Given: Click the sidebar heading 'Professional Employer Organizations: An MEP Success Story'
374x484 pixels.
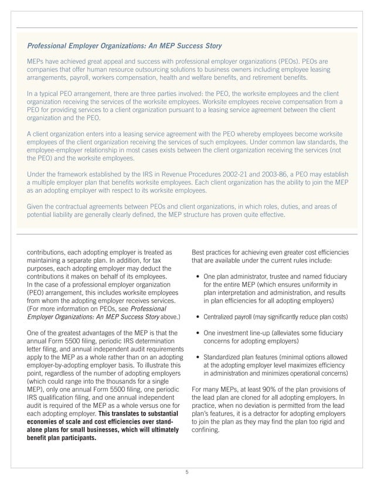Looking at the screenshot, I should [x=124, y=46].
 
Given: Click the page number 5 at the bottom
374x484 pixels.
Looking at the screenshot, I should [x=186, y=473].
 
